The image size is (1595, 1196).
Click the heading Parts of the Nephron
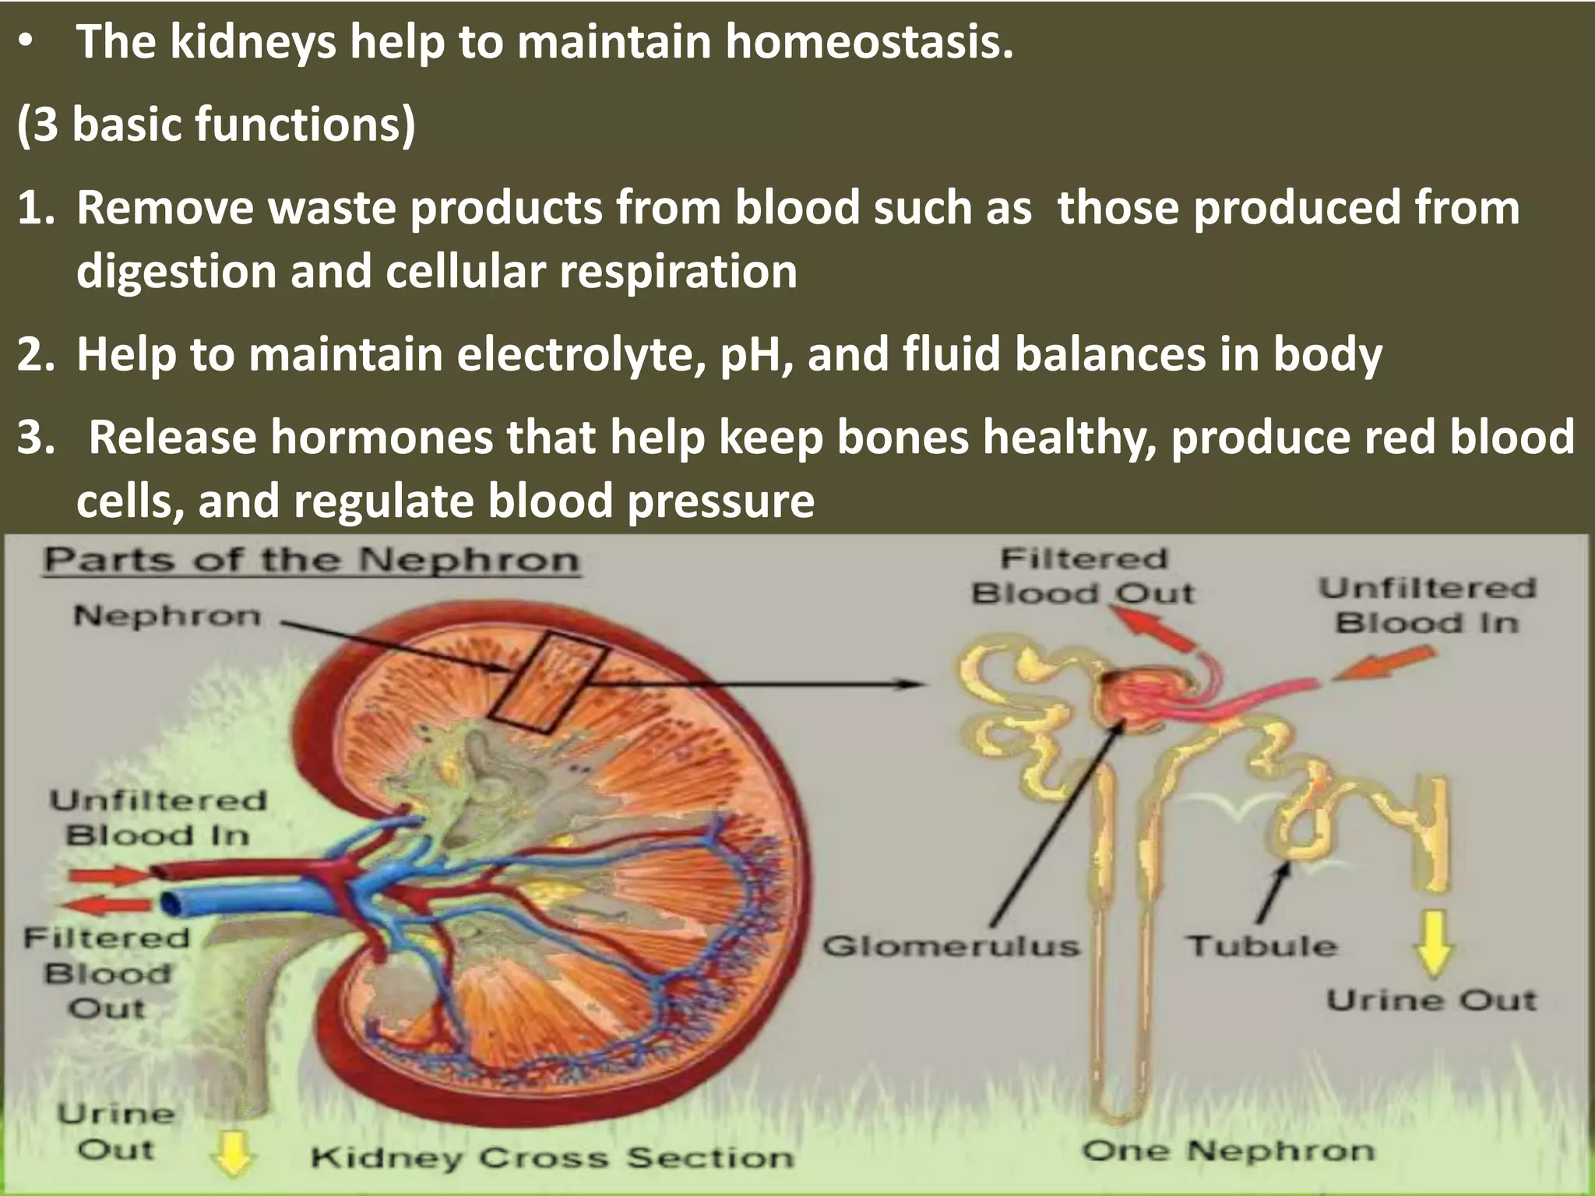coord(312,561)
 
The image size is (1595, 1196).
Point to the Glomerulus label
coord(951,947)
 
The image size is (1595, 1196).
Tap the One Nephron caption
coord(1228,1151)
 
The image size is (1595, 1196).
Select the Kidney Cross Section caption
coord(552,1158)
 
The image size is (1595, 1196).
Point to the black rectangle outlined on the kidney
coord(549,682)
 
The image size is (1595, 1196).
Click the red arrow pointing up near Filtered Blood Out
coord(1153,628)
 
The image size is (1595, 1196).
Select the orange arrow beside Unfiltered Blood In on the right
coord(1383,664)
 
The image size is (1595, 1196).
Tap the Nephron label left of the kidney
coord(167,617)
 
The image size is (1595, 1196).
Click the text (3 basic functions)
coord(216,125)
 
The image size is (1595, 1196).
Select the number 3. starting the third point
coord(37,438)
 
